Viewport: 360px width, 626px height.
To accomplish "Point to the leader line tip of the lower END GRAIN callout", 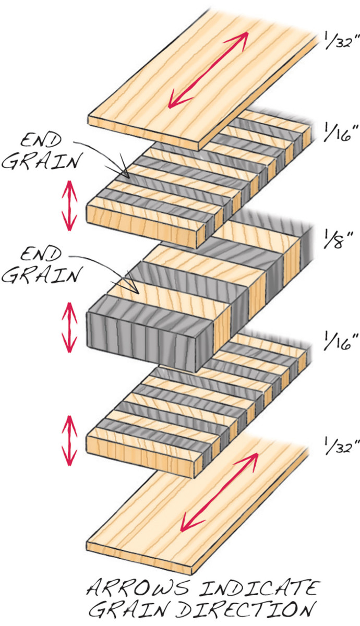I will click(x=137, y=291).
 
